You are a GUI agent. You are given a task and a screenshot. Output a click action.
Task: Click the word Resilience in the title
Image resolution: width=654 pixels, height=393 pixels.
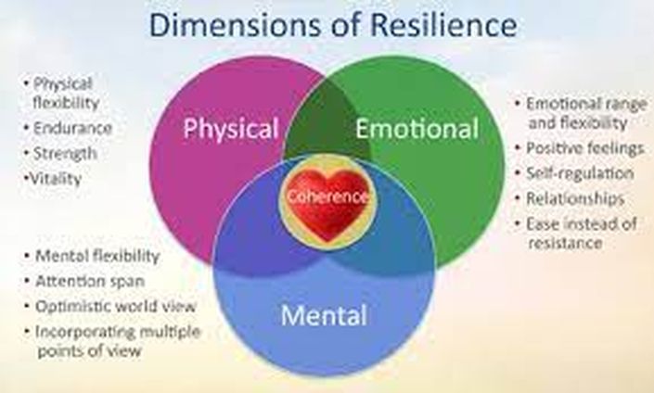(x=443, y=25)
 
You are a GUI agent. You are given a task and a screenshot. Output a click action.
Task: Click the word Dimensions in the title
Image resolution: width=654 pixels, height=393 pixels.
(x=236, y=25)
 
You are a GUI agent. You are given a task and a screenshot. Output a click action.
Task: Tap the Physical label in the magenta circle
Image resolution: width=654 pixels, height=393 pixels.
(x=231, y=129)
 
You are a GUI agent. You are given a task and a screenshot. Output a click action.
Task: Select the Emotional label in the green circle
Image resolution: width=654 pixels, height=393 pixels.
(x=417, y=128)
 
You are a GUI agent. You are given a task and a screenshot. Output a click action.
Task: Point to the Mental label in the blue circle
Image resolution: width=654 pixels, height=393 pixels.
(x=324, y=315)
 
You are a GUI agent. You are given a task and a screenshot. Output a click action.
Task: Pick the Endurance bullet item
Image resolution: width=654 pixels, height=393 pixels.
(x=69, y=128)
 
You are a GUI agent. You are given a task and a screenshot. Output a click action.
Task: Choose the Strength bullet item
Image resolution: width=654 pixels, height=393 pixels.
(x=61, y=153)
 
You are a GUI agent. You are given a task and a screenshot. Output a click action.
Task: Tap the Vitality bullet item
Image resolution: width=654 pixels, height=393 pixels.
(x=53, y=179)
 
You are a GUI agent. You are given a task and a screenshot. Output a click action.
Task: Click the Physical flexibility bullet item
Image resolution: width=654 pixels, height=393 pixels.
(x=62, y=94)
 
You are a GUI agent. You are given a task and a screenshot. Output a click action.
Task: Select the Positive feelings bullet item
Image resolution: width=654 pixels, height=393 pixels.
(x=580, y=148)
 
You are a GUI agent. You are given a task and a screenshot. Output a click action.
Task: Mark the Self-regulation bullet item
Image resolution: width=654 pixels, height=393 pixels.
(x=575, y=173)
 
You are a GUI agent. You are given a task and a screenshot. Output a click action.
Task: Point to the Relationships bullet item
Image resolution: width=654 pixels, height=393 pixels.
(x=571, y=198)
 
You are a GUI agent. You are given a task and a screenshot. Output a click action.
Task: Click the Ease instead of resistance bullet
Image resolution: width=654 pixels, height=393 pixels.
(x=576, y=234)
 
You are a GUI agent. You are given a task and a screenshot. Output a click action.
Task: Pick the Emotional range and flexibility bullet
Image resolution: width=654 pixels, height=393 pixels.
(x=581, y=113)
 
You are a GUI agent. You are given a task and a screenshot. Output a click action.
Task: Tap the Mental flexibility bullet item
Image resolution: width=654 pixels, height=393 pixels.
(x=92, y=256)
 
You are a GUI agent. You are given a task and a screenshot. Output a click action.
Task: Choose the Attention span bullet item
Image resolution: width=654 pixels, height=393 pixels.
(x=84, y=281)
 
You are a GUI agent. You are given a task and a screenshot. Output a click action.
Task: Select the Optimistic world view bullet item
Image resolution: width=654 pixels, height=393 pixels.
(x=110, y=306)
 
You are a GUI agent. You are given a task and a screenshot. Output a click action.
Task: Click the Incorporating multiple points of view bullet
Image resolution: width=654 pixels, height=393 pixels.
(x=112, y=341)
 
